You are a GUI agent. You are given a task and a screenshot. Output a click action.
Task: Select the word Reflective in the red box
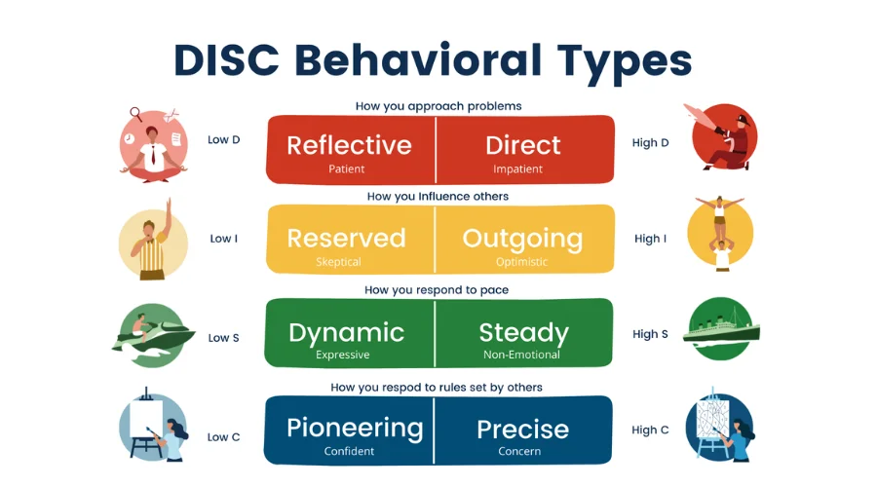pos(349,145)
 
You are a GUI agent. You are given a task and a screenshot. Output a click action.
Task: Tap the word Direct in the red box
pos(523,145)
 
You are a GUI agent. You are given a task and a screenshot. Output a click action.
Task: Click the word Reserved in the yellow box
pos(346,239)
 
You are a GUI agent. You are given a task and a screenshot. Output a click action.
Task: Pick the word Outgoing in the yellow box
pos(522,239)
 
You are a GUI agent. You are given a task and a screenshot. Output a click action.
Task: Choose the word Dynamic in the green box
pos(346,332)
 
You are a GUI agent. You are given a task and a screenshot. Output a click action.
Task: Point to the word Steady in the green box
pos(523,332)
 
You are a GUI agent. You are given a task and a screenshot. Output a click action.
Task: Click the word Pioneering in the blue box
pos(355,428)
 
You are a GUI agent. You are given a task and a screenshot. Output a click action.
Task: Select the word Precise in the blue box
pos(522,429)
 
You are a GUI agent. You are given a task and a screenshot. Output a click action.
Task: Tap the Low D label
pos(224,140)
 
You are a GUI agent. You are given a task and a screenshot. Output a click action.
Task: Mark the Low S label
pos(224,338)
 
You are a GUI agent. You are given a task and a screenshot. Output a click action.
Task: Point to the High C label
pos(651,430)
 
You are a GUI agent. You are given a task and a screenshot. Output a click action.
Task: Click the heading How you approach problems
pos(438,106)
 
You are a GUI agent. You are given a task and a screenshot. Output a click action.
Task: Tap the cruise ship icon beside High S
pos(722,331)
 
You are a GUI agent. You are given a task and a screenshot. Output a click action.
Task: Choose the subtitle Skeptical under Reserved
pos(339,262)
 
